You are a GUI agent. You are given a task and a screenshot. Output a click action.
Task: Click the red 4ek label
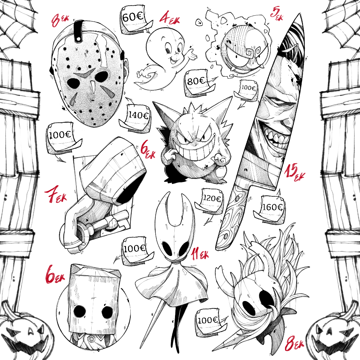170,18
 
